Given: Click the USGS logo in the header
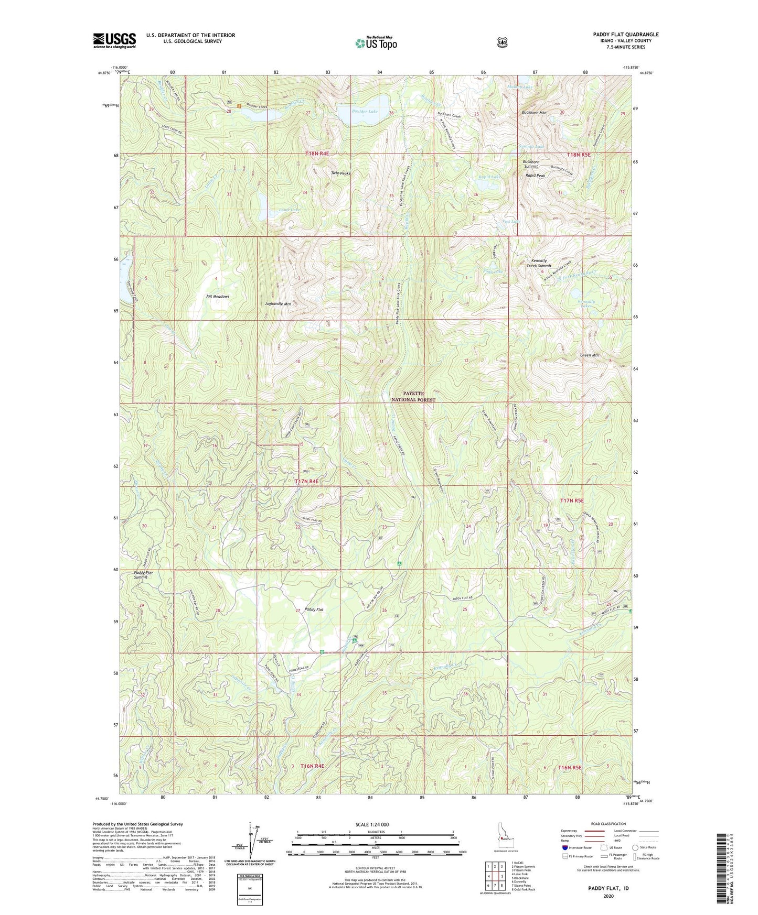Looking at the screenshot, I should pos(114,40).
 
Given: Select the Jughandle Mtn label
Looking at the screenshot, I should pos(278,304).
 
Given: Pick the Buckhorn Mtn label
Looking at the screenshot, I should pos(534,113).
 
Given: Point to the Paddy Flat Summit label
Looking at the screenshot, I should pos(144,575).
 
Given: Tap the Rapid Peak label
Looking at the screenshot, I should pos(536,176).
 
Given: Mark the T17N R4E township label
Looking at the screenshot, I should pos(306,481).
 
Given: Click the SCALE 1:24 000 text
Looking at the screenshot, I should pos(372,824).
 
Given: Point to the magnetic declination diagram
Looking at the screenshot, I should pos(250,844).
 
